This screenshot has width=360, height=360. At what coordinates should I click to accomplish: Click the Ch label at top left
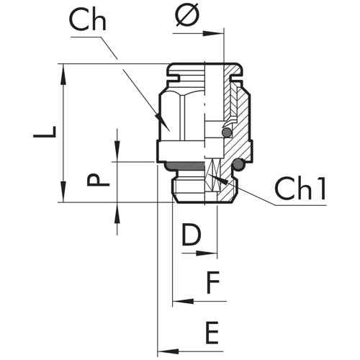pos(88,20)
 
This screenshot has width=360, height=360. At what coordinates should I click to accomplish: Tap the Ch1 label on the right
pos(300,189)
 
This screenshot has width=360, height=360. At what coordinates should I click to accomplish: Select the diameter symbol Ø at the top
pos(187,14)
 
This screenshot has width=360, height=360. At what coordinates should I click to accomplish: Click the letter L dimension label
pos(45,132)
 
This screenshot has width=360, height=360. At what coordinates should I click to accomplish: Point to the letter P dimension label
pos(98,180)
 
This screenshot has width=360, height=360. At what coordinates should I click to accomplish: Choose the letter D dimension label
pos(192,234)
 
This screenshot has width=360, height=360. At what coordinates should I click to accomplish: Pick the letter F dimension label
pos(213,282)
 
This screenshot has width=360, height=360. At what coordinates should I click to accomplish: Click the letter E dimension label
pos(212,333)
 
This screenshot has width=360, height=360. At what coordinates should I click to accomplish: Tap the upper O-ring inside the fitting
pos(227,132)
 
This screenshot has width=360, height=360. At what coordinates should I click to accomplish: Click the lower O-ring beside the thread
pos(238,164)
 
